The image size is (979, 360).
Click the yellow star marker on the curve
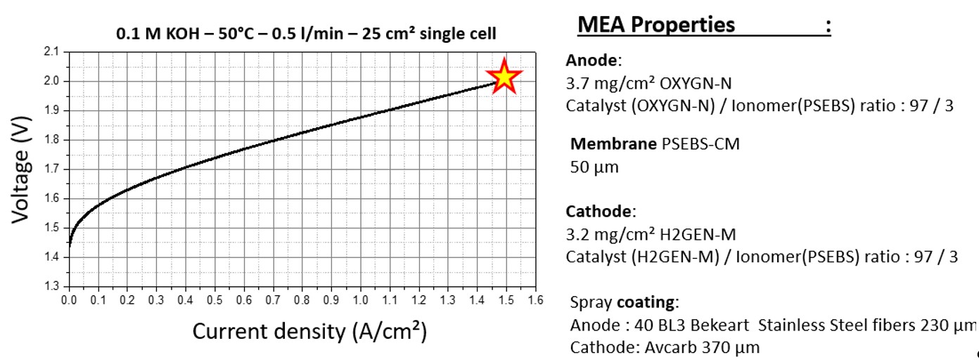(504, 77)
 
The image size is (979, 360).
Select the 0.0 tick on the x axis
(69, 300)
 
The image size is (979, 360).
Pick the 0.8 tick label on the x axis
(302, 300)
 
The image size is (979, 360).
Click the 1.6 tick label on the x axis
(536, 300)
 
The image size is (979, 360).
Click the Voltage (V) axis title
(23, 169)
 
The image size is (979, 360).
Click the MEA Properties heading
(655, 25)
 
